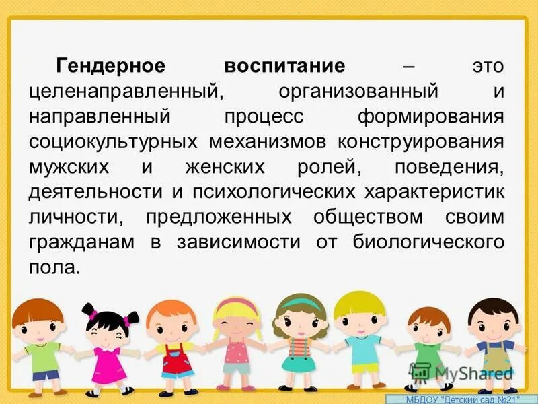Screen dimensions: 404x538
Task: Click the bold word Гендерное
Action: [x=111, y=66]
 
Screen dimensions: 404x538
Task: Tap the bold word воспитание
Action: [x=284, y=66]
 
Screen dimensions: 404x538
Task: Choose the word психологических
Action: [x=274, y=191]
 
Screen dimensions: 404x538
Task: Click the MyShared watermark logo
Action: [x=461, y=372]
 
